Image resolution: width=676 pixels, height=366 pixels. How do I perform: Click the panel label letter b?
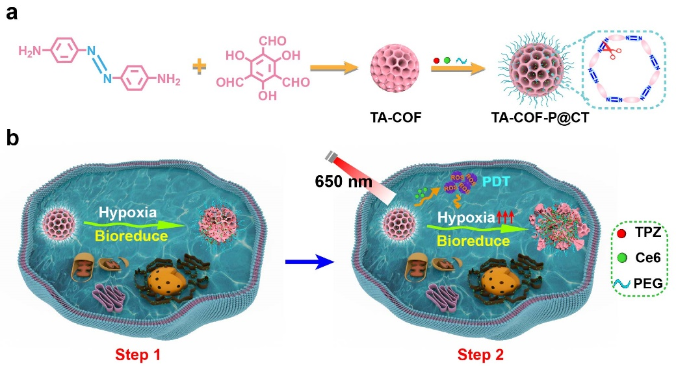[11, 139]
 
